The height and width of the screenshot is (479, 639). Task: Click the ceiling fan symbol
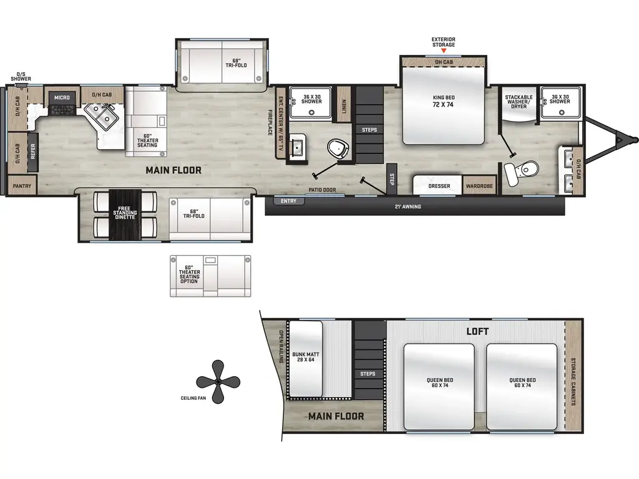click(x=218, y=381)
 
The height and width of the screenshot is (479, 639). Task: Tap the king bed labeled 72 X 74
click(x=442, y=106)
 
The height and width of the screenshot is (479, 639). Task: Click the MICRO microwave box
click(x=61, y=97)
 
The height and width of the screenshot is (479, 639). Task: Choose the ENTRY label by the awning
click(x=289, y=201)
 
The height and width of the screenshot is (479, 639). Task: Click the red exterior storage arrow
click(x=444, y=51)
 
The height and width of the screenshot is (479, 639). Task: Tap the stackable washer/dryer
click(x=519, y=102)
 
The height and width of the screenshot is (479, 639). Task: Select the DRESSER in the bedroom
click(x=439, y=186)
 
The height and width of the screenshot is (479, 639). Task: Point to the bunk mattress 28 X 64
click(x=306, y=359)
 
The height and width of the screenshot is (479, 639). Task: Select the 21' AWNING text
click(x=407, y=206)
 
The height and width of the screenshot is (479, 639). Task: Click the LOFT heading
click(x=477, y=331)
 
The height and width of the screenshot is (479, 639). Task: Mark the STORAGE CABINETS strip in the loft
click(x=573, y=381)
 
